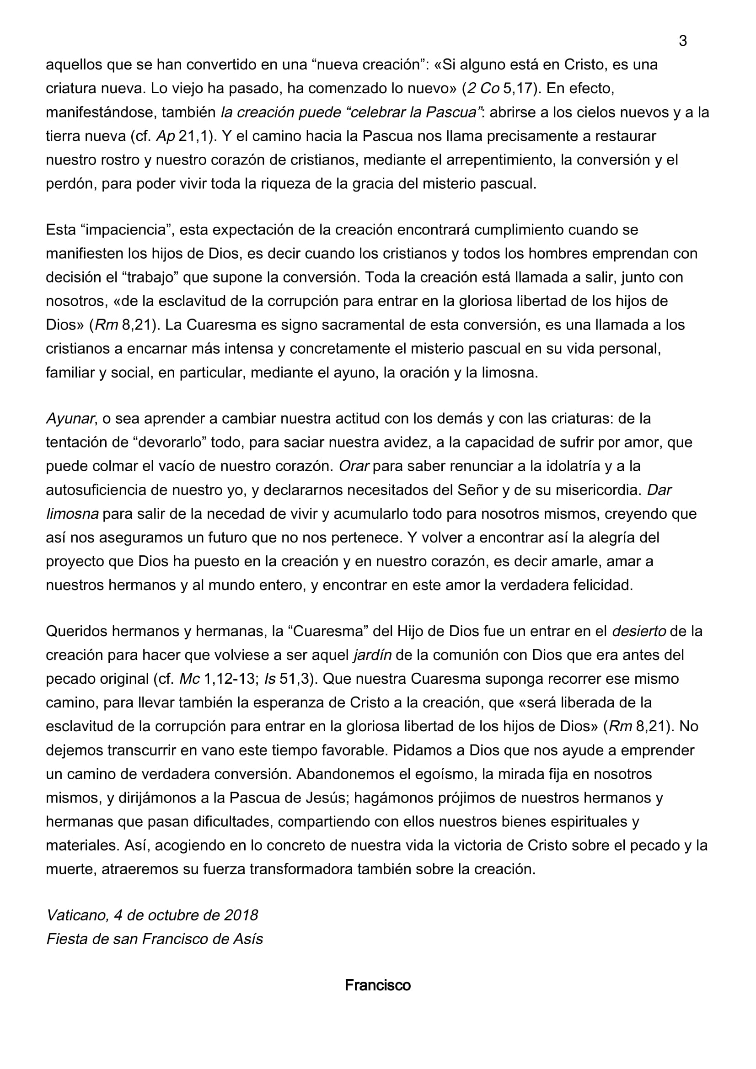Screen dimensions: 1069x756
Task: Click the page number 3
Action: [682, 42]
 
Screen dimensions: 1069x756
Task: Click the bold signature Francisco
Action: [377, 985]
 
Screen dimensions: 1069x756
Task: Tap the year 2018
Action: [241, 915]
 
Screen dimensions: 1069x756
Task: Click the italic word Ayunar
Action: [70, 419]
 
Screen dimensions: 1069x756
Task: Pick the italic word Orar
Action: [354, 466]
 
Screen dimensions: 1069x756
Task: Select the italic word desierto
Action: [638, 631]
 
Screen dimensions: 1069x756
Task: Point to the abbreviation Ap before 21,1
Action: [166, 136]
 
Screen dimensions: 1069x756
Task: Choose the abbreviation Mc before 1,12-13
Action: [189, 679]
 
